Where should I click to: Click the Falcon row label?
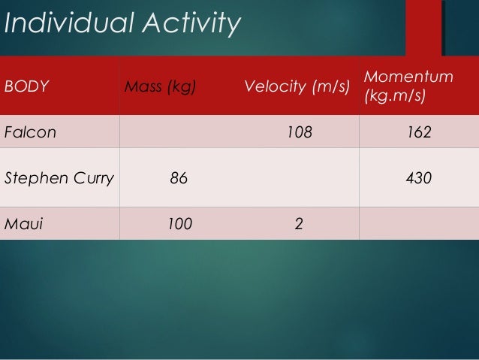pyautogui.click(x=30, y=133)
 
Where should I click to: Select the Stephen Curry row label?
pyautogui.click(x=59, y=178)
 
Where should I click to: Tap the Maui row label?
pyautogui.click(x=23, y=223)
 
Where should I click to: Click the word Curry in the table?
pyautogui.click(x=95, y=178)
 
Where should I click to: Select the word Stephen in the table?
pyautogui.click(x=38, y=178)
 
